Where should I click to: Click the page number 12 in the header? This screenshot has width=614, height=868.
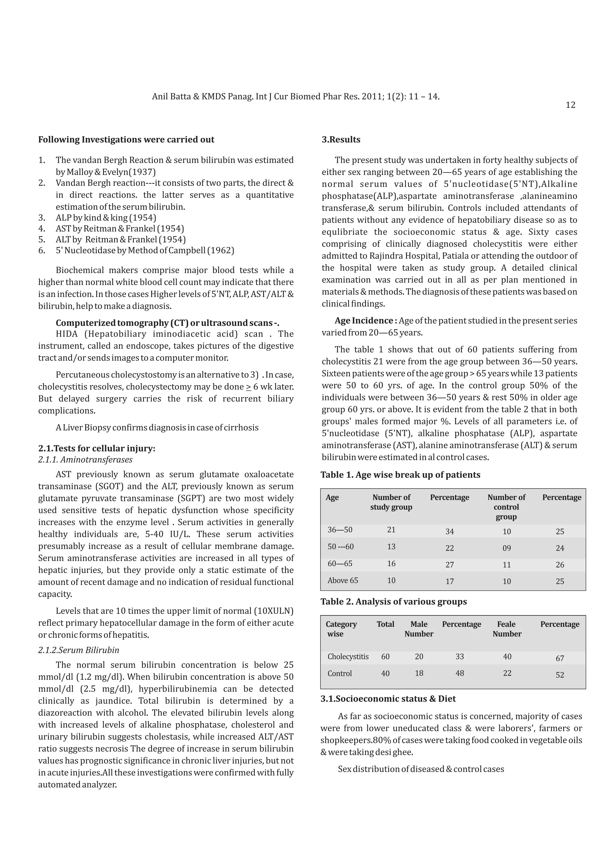point(570,105)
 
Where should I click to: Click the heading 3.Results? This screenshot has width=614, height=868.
point(341,139)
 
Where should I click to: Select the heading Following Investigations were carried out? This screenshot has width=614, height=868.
point(126,139)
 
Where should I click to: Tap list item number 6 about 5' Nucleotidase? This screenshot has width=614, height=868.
point(145,250)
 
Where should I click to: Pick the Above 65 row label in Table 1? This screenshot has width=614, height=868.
point(343,580)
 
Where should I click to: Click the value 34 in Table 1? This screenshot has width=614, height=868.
point(449,531)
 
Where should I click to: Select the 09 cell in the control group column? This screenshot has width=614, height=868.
point(507,548)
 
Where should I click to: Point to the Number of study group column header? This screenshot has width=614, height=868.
point(391,502)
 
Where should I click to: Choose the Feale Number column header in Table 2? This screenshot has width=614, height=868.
point(507,629)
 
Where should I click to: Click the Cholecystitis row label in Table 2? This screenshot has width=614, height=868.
point(348,657)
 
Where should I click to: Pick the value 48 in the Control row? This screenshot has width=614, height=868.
point(459,673)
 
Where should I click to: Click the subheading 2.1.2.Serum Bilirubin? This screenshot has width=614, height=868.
point(79,650)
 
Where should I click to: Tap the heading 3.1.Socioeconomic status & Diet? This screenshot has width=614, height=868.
point(388,699)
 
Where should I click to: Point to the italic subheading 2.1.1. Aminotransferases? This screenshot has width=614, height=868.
point(85,460)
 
